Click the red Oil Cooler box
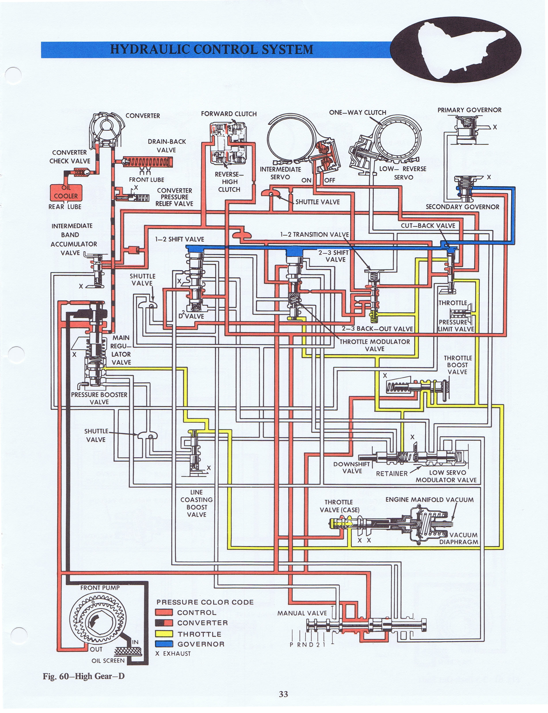tap(66, 193)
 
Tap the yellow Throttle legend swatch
tap(164, 634)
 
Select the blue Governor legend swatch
tap(164, 644)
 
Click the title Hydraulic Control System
tap(212, 49)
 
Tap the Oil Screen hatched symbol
tap(129, 651)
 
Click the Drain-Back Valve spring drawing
tap(147, 162)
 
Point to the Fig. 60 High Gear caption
tap(84, 676)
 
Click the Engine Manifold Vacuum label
tap(430, 499)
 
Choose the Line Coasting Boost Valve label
tap(197, 503)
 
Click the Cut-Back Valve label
tap(428, 225)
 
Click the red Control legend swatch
tap(164, 613)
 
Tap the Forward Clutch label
tap(229, 114)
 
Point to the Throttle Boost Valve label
tap(458, 365)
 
